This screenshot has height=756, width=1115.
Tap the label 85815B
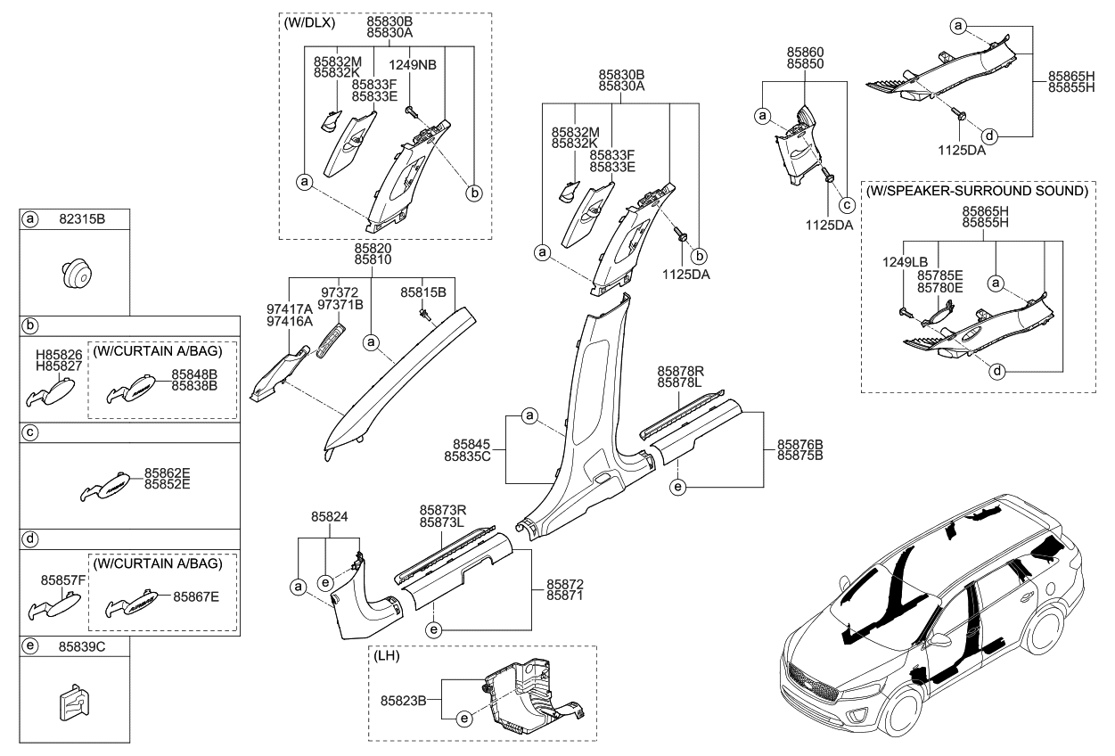coord(423,292)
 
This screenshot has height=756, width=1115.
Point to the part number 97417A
coord(289,308)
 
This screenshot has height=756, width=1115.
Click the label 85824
coord(329,515)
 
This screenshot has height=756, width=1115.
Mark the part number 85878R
coord(681,371)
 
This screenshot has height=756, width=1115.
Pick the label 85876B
coord(799,443)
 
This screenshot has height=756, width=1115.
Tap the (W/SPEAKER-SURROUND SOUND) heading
coord(977,191)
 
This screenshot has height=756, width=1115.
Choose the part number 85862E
coord(168,474)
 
